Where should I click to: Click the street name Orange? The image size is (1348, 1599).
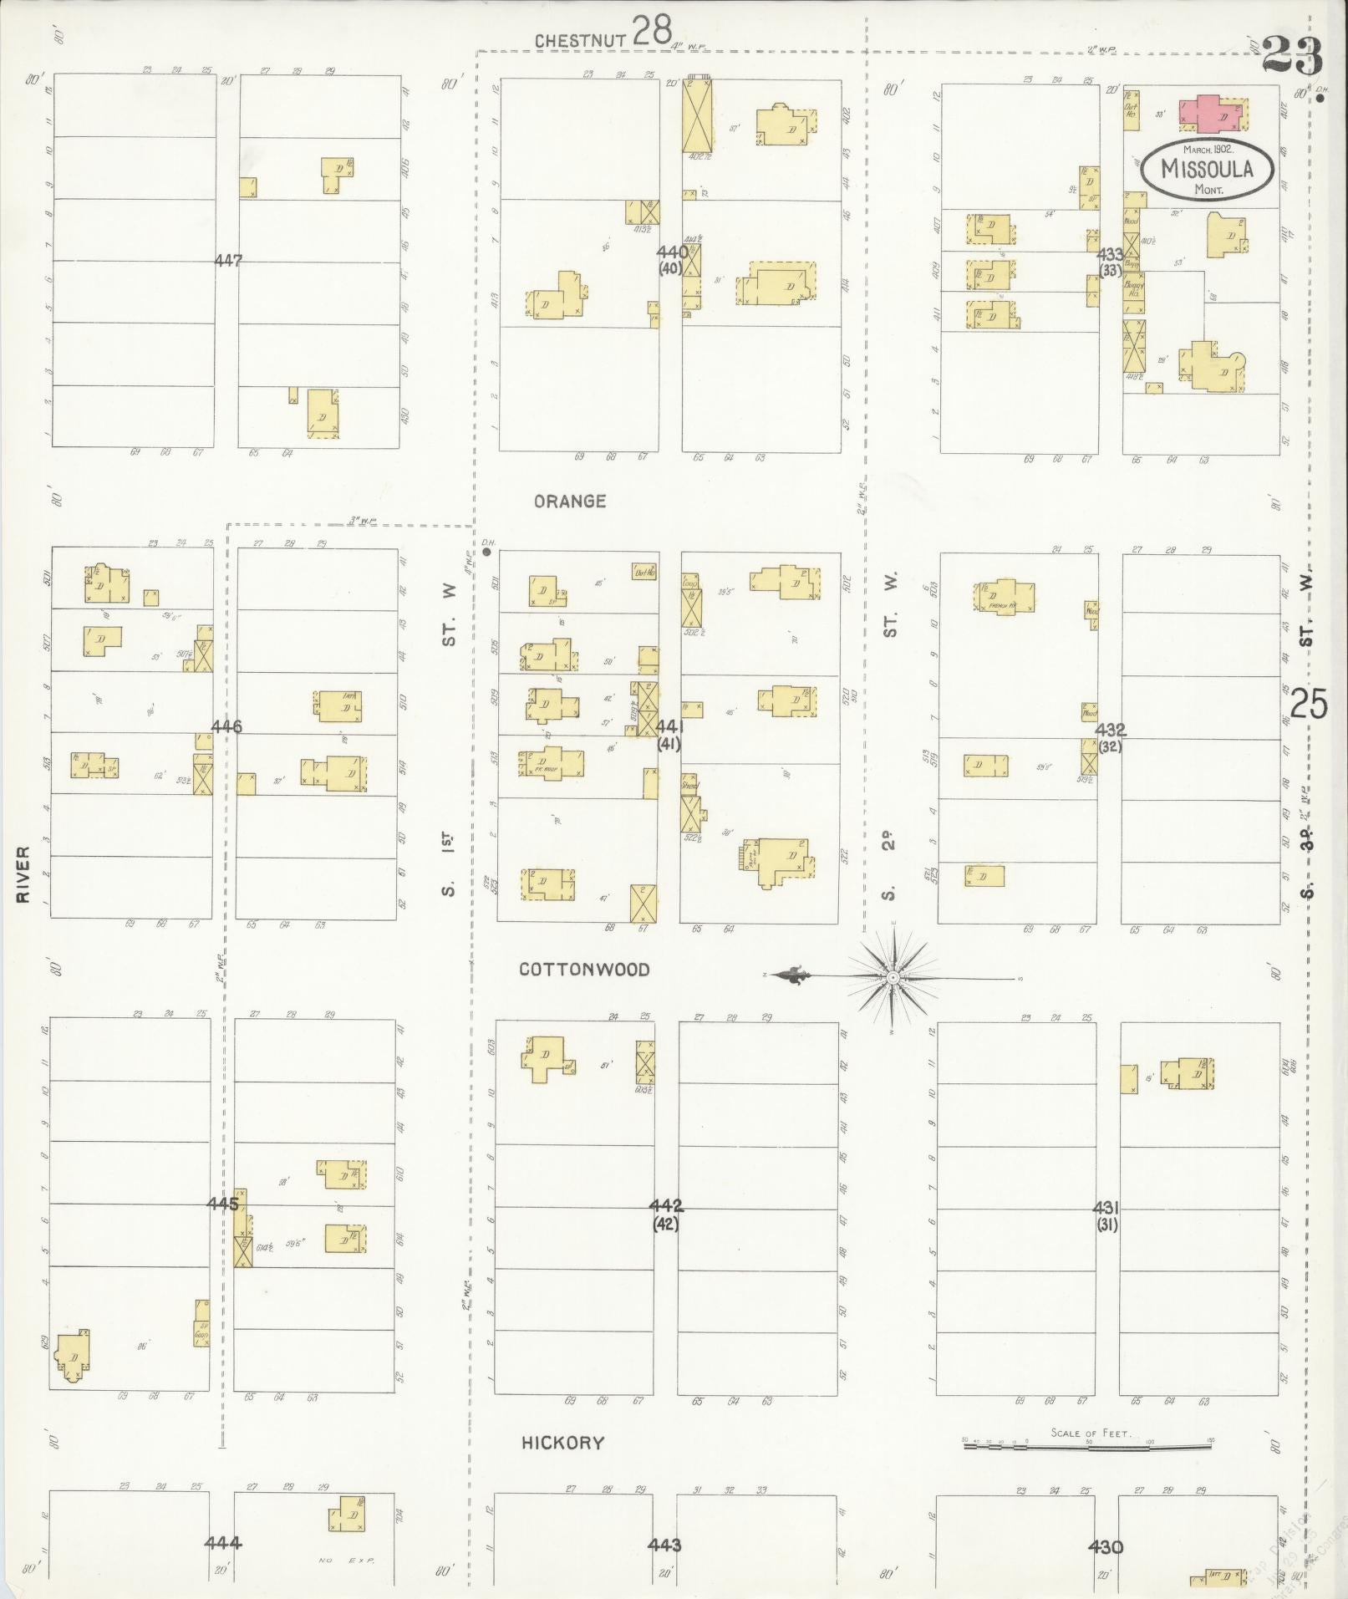pyautogui.click(x=570, y=502)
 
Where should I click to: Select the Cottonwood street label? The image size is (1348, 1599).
pyautogui.click(x=584, y=970)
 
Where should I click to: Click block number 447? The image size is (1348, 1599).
pyautogui.click(x=227, y=261)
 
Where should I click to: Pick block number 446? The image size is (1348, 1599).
pyautogui.click(x=226, y=726)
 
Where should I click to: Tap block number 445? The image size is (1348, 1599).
pyautogui.click(x=223, y=1204)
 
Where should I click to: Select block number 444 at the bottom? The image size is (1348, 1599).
pyautogui.click(x=223, y=1542)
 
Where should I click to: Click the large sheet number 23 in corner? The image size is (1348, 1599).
pyautogui.click(x=1292, y=56)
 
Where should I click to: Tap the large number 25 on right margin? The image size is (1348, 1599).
pyautogui.click(x=1309, y=703)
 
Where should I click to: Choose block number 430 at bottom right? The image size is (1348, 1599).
pyautogui.click(x=1106, y=1546)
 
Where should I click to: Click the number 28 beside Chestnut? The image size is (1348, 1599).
pyautogui.click(x=652, y=31)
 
